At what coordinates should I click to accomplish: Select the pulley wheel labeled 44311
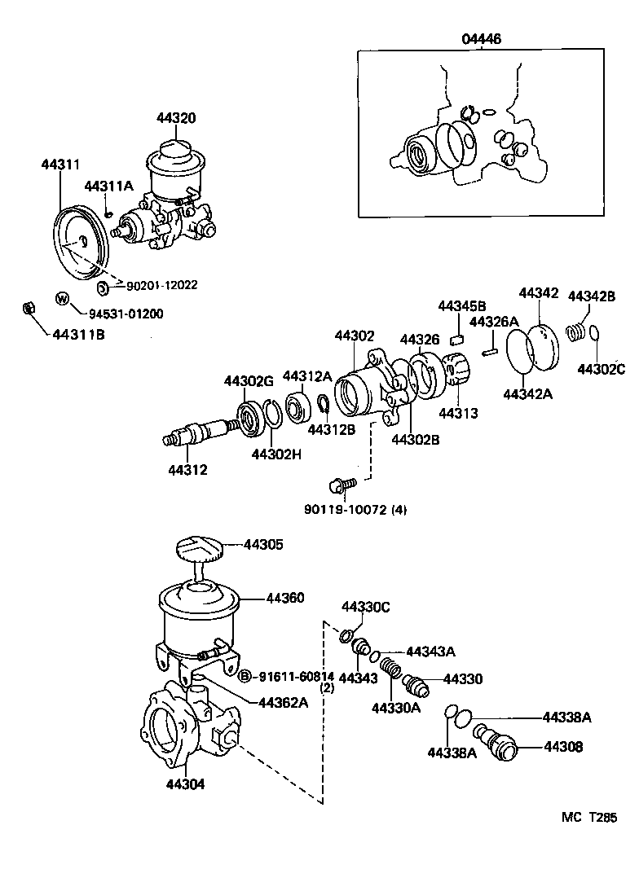[x=80, y=242]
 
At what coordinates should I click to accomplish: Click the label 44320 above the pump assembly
[x=177, y=118]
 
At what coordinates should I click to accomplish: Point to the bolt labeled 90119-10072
[x=337, y=486]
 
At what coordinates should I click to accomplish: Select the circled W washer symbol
[x=62, y=298]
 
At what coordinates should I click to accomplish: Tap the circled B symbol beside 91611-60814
[x=243, y=675]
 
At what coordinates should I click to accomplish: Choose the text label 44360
[x=284, y=598]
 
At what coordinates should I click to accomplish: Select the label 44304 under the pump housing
[x=185, y=785]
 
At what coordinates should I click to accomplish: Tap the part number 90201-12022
[x=161, y=285]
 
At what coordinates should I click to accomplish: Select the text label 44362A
[x=283, y=702]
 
